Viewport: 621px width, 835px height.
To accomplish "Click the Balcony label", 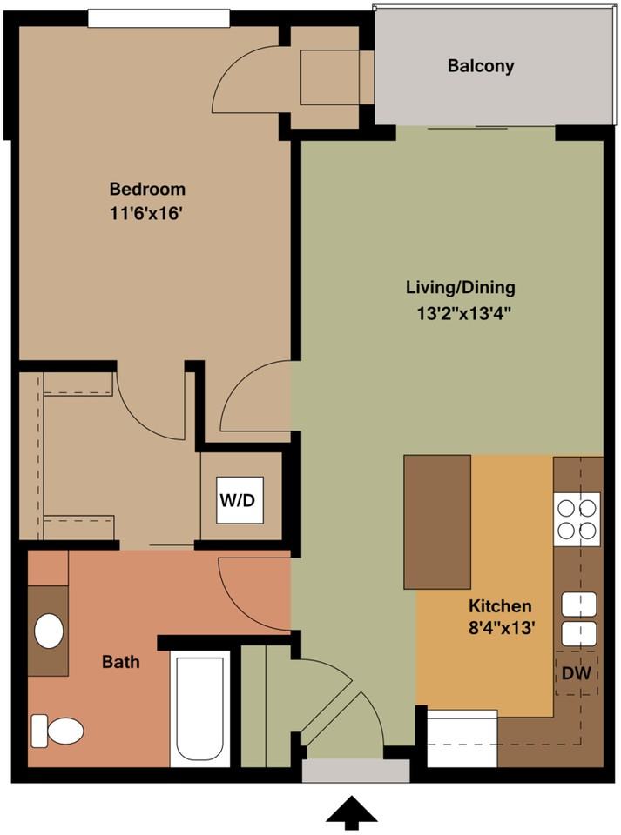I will click(481, 66).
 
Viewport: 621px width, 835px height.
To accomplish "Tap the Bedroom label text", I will click(147, 189).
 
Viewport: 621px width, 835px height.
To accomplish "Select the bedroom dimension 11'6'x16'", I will click(147, 213).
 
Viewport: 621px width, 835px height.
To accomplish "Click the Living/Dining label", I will click(461, 287).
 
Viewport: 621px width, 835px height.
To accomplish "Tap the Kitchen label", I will click(500, 605).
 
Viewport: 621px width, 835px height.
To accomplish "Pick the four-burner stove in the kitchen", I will click(577, 518).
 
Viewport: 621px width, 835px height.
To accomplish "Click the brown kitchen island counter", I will click(437, 522).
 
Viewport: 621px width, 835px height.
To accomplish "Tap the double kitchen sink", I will click(578, 618).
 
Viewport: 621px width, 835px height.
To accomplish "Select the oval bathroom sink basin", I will click(49, 631).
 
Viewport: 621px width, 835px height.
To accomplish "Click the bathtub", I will click(200, 708).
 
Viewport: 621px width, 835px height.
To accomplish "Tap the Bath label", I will click(121, 662).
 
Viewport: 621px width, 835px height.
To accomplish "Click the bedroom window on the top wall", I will click(159, 17).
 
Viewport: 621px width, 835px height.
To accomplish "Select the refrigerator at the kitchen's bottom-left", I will click(462, 738).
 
